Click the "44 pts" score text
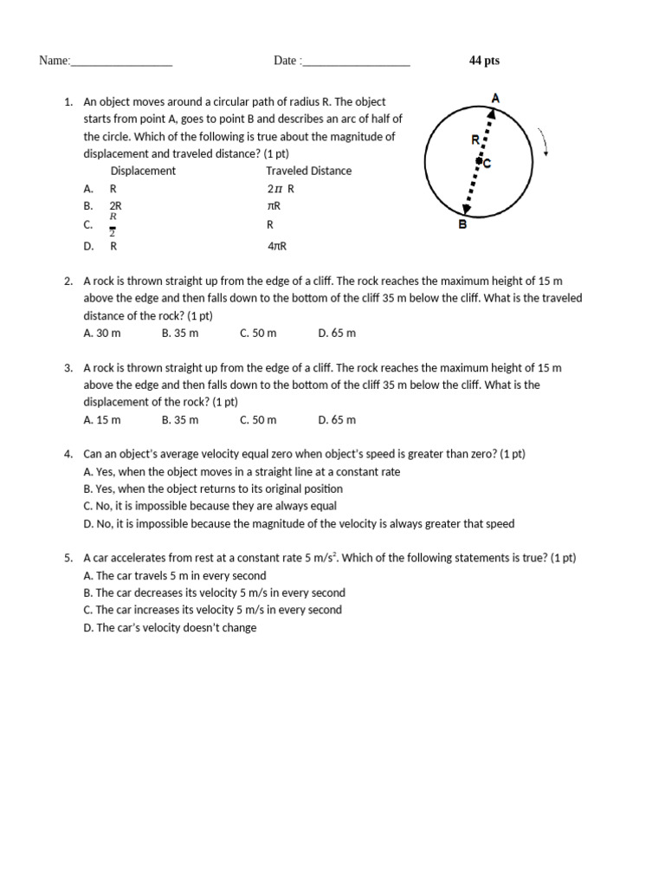click(x=484, y=61)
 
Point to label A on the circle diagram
click(x=495, y=99)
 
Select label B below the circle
click(x=462, y=224)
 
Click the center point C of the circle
click(x=478, y=161)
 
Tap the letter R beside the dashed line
click(x=475, y=139)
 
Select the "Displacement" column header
click(x=143, y=171)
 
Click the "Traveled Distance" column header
click(x=308, y=171)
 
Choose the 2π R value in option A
click(x=281, y=188)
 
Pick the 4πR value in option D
click(x=276, y=246)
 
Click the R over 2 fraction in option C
click(x=113, y=223)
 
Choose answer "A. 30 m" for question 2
click(x=102, y=333)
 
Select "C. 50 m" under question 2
click(x=258, y=333)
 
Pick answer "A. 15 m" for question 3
click(x=102, y=419)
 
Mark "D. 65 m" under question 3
click(x=337, y=419)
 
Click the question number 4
click(x=68, y=454)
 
